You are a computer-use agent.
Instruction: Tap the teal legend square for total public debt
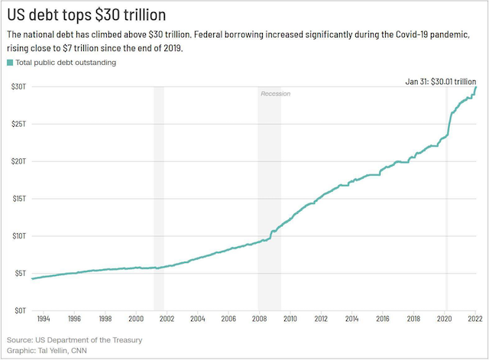pos(10,63)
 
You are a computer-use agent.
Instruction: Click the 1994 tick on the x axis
pos(43,319)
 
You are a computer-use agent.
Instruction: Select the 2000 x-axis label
pos(135,319)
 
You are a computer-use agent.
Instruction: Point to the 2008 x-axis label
pos(259,319)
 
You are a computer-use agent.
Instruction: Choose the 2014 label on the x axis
pos(351,319)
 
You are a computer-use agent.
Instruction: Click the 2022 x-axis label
pos(474,319)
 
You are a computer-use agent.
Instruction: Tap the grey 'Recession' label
pos(276,93)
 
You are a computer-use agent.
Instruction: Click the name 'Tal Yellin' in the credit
pos(56,351)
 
